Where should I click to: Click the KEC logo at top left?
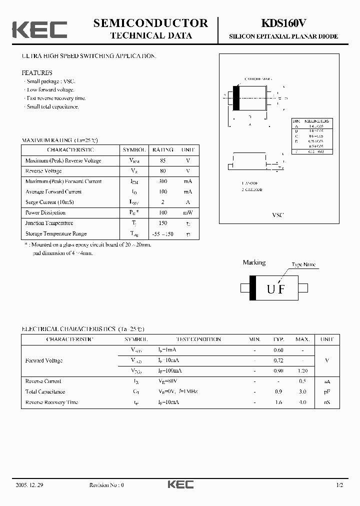point(39,29)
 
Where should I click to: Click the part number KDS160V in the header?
point(283,23)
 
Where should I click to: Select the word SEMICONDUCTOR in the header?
point(150,23)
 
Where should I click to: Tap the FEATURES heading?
point(37,72)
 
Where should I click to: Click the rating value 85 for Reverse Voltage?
point(163,160)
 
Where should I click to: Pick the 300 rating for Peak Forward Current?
point(163,181)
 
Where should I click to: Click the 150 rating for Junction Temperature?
point(163,223)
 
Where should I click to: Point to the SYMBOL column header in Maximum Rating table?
point(134,150)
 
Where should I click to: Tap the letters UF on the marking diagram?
point(275,288)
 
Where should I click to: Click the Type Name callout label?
point(303,264)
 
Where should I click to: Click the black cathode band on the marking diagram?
point(253,288)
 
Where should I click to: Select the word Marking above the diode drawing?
point(254,262)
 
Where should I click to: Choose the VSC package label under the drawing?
point(277,214)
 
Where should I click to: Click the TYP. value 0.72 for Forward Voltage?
point(278,360)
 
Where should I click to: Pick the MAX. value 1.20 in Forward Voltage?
point(302,371)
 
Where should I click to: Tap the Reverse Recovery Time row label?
point(51,402)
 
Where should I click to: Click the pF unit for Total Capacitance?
point(327,392)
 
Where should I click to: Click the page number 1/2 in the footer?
point(339,485)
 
